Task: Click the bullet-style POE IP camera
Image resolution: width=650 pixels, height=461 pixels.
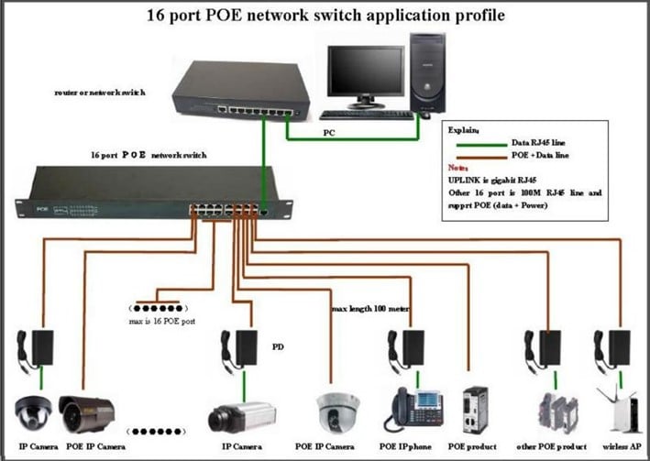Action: pyautogui.click(x=86, y=413)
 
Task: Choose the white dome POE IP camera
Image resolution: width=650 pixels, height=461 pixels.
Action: pyautogui.click(x=338, y=412)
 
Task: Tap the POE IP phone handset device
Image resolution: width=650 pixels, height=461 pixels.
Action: pyautogui.click(x=413, y=409)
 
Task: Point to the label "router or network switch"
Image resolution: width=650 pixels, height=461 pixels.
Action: pyautogui.click(x=99, y=93)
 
